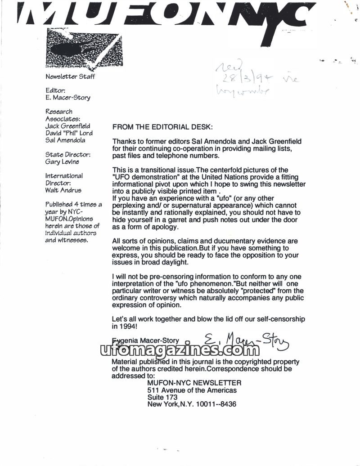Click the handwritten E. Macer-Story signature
point(246,341)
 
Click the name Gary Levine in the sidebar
point(62,162)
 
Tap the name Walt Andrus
point(63,190)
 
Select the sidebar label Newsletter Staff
point(70,76)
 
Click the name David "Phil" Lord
point(68,133)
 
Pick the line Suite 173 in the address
point(162,397)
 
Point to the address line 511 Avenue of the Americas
point(192,390)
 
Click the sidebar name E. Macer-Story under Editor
point(68,98)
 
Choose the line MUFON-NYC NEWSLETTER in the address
point(194,383)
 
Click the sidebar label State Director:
point(68,155)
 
